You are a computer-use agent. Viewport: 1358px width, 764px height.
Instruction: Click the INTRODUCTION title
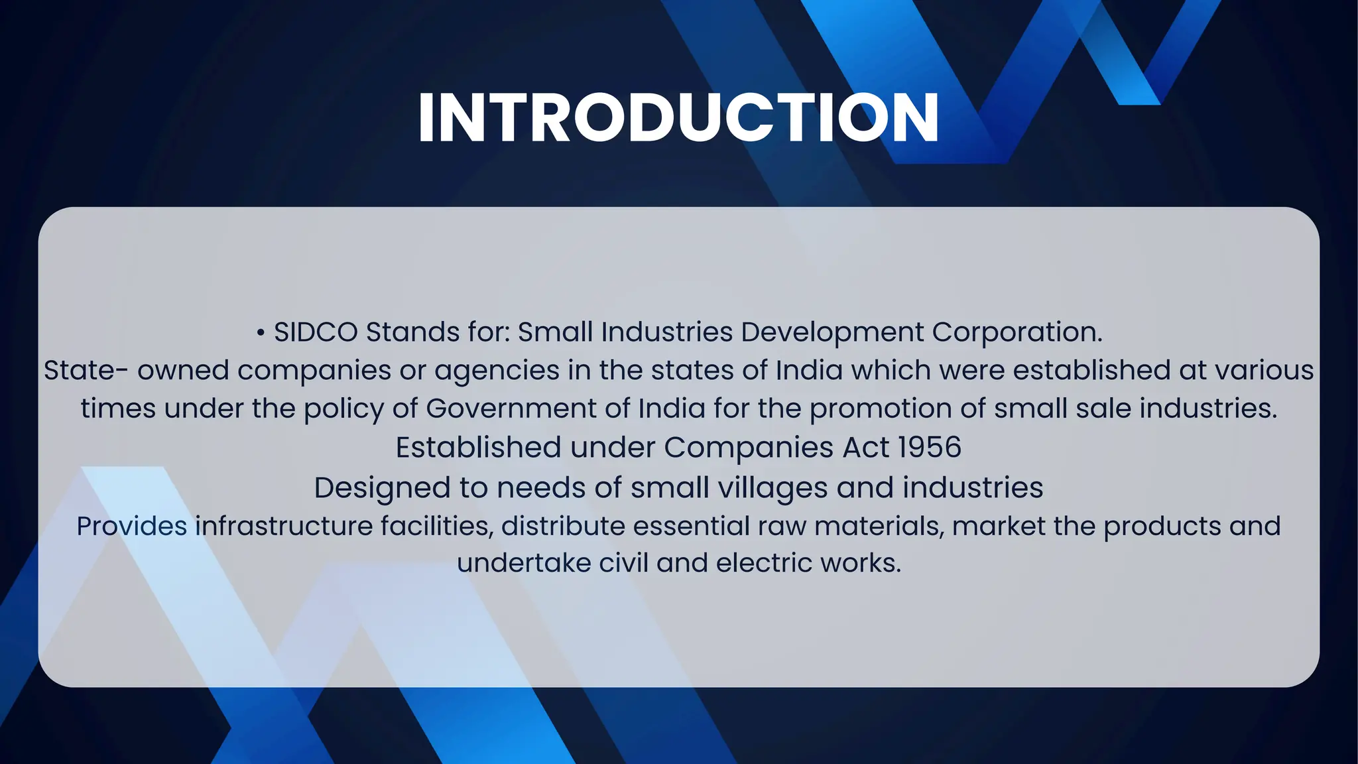click(678, 117)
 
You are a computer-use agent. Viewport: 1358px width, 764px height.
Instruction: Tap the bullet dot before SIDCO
click(261, 332)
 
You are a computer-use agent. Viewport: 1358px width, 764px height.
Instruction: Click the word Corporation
click(1017, 332)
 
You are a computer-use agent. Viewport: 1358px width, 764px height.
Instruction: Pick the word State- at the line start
click(86, 370)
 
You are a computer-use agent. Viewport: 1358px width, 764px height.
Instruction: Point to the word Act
click(865, 448)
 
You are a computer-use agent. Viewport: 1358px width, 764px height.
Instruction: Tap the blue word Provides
click(131, 527)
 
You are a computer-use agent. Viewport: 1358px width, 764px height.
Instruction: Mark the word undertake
click(523, 563)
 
